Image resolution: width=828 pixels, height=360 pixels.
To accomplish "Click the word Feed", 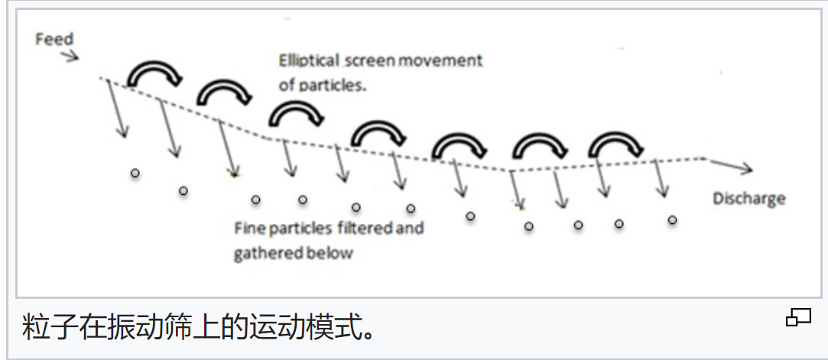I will coord(54,38).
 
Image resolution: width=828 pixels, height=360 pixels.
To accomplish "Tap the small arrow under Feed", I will coord(69,56).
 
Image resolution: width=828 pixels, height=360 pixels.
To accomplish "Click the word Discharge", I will coord(748,199).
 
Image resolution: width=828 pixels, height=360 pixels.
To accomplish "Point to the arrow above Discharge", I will coord(734,166).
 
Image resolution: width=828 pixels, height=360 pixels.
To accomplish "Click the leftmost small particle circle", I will coord(135,174).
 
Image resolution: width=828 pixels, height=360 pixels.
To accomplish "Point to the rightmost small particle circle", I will coord(672,220).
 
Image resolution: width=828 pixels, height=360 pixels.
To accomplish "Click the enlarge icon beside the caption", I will coord(798,317).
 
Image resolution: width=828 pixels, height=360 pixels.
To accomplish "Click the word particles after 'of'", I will coord(333,85).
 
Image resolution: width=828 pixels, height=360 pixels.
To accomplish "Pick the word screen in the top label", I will coord(365,60).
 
